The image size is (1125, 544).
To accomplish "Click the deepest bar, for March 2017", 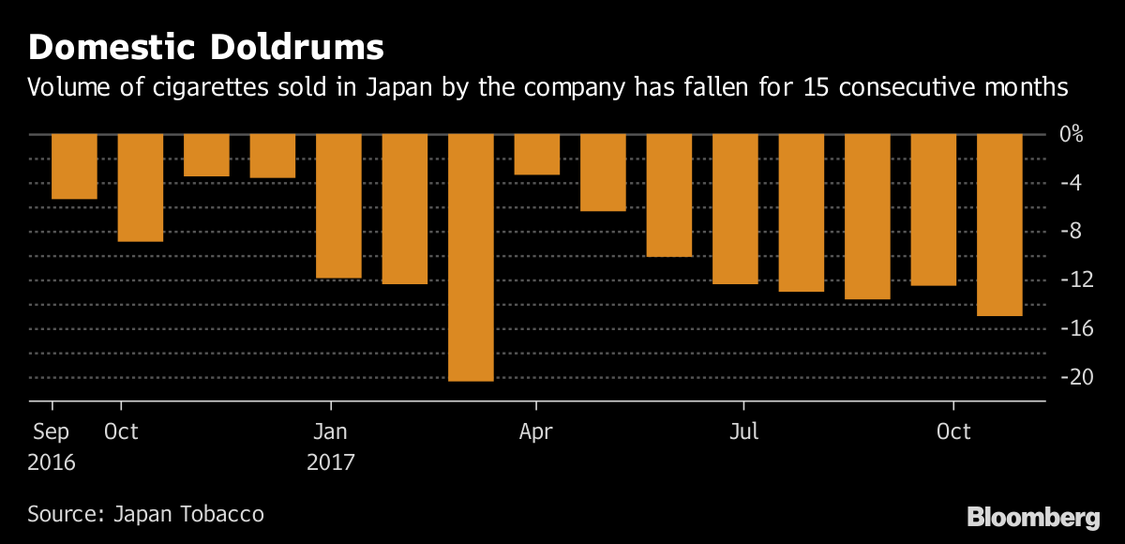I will point(471,257).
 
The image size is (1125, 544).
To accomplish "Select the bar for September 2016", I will point(74,166).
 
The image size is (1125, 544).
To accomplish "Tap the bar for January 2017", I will point(338,205).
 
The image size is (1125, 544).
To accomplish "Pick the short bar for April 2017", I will point(536,154).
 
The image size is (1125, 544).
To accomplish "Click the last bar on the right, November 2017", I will point(999,224).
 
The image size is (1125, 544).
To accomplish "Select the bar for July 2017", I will point(735,208).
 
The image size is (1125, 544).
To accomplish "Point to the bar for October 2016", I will point(141,188).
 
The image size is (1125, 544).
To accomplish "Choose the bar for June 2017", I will point(669,195).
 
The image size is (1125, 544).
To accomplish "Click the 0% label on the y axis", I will point(1071,134).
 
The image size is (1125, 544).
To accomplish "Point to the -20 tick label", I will point(1070,377).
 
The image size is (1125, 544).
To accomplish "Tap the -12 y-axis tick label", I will point(1070,280).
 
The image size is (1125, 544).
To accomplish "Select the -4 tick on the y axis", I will point(1070,182).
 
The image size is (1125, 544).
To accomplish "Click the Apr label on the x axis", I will point(535,432).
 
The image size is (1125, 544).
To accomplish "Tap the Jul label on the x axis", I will point(743,432).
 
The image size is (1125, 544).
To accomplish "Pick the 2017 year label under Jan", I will point(330,462).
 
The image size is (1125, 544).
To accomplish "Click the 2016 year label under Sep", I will point(52,462).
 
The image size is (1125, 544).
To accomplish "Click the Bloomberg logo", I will point(1033,517).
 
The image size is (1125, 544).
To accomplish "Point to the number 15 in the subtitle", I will point(815,88).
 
